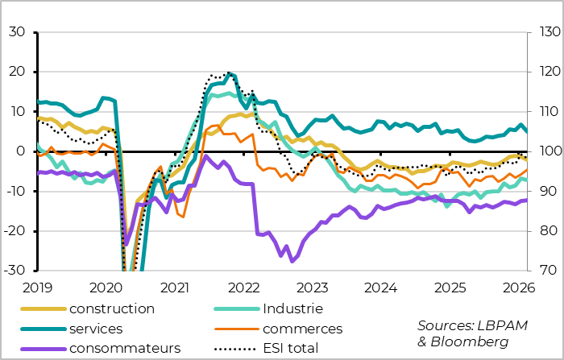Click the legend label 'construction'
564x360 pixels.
pyautogui.click(x=111, y=308)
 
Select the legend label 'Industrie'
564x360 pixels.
pyautogui.click(x=292, y=308)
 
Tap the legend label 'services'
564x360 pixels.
pyautogui.click(x=96, y=329)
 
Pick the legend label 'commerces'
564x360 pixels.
pyautogui.click(x=302, y=329)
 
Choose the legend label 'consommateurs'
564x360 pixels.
pyautogui.click(x=125, y=348)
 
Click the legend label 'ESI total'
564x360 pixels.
pyautogui.click(x=290, y=348)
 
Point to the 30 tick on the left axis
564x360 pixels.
pyautogui.click(x=18, y=32)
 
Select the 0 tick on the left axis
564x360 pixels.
pyautogui.click(x=23, y=151)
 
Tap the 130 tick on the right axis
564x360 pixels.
pyautogui.click(x=543, y=32)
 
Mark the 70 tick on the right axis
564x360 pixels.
pyautogui.click(x=540, y=271)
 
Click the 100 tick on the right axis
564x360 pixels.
pyautogui.click(x=543, y=151)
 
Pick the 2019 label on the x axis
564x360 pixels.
pyautogui.click(x=38, y=287)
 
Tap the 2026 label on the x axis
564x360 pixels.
pyautogui.click(x=519, y=287)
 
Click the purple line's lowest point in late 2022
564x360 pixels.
pyautogui.click(x=292, y=260)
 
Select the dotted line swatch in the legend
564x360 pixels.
pyautogui.click(x=233, y=348)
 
